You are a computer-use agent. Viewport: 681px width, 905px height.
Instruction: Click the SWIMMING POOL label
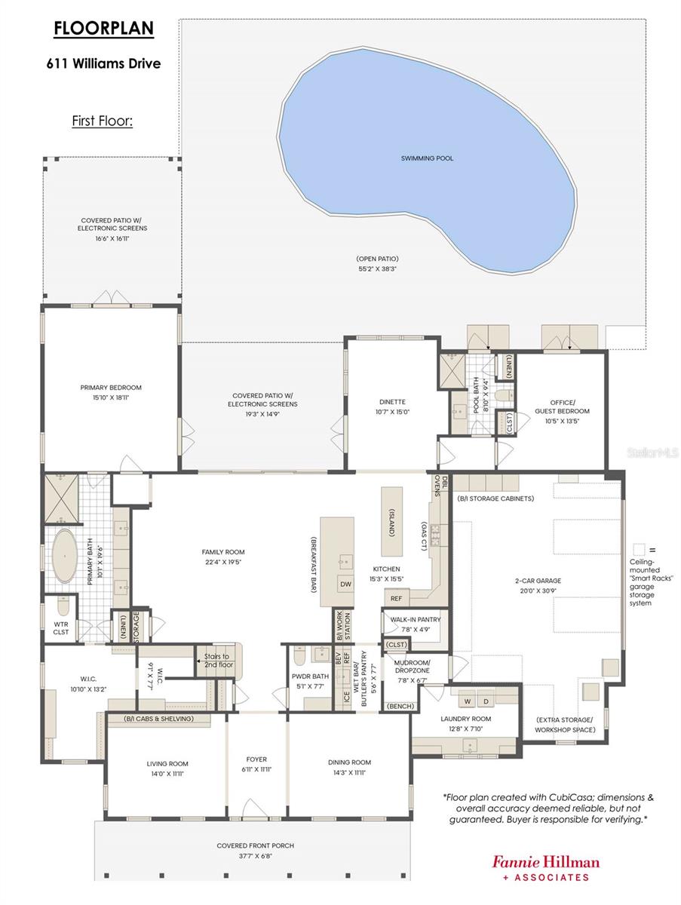tap(428, 158)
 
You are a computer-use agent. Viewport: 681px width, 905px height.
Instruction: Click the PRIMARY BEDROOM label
tap(111, 388)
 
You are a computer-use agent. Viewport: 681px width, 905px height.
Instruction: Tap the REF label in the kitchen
tap(396, 598)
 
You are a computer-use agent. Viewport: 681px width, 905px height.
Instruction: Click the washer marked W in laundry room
tap(467, 701)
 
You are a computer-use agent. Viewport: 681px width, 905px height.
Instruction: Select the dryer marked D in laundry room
tap(485, 701)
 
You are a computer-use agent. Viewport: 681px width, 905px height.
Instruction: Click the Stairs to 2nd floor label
tap(219, 661)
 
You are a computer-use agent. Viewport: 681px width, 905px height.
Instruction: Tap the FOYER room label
tap(256, 759)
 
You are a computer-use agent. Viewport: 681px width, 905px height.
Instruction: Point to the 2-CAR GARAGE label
tap(538, 581)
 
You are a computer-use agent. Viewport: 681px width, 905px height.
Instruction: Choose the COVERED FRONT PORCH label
tap(256, 845)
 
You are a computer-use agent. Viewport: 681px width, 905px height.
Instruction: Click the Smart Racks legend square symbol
tap(640, 549)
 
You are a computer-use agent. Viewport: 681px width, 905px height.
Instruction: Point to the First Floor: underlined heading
tap(103, 120)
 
